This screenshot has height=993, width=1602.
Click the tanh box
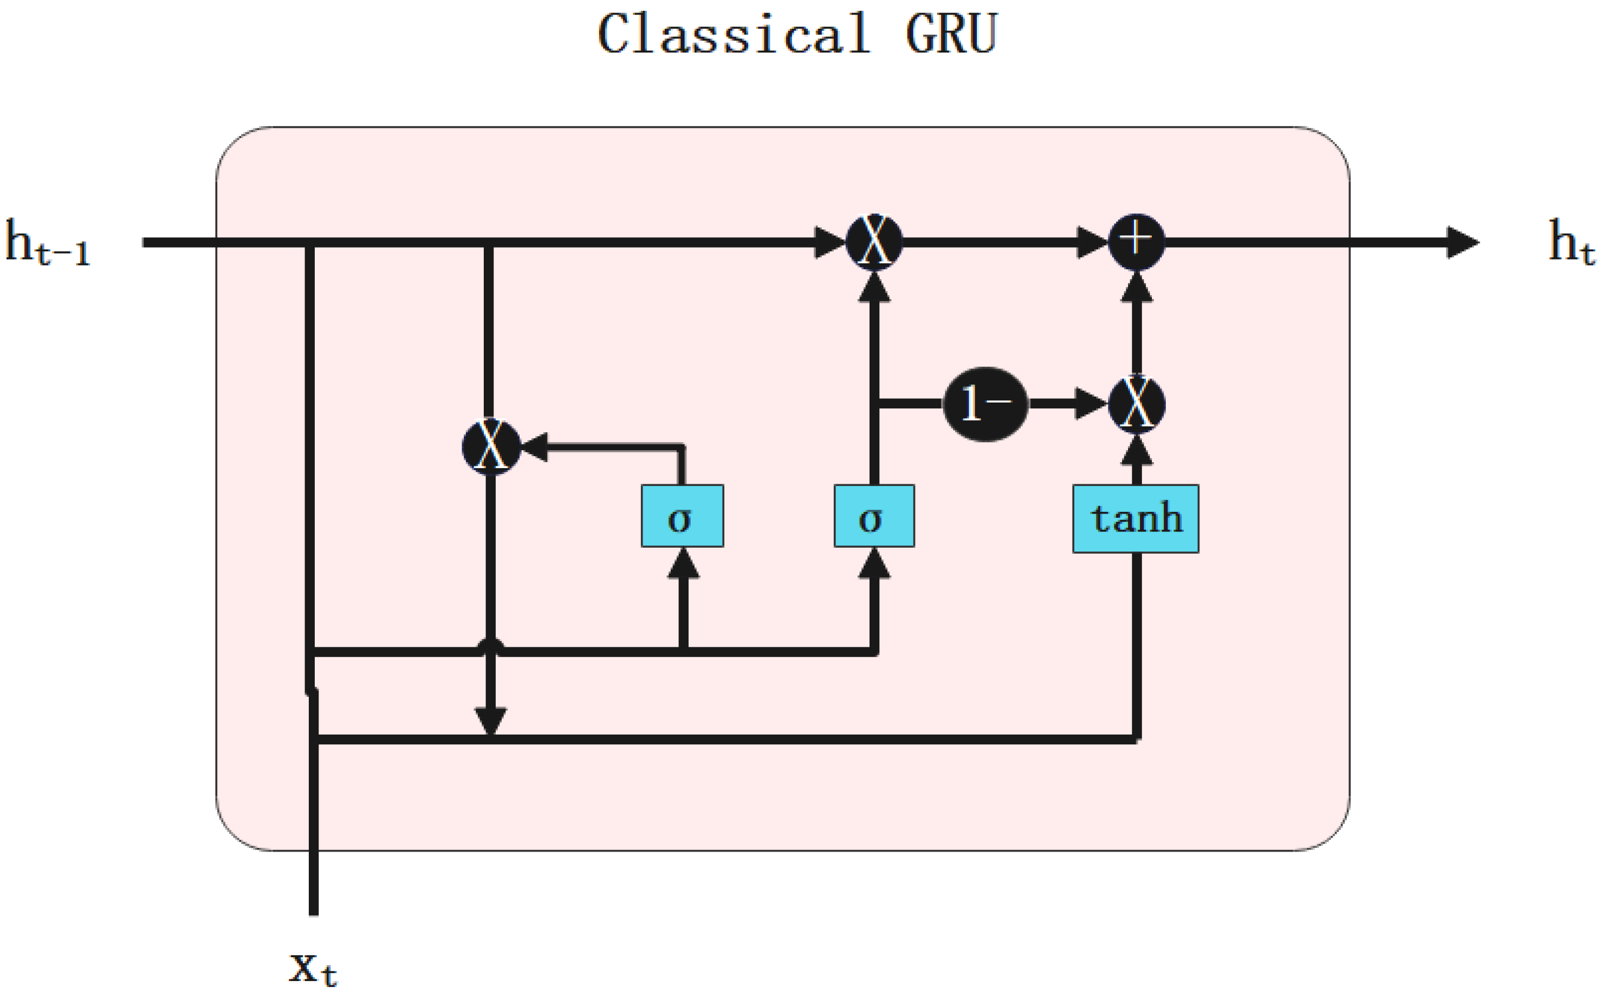click(1135, 519)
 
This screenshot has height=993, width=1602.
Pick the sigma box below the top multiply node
click(873, 516)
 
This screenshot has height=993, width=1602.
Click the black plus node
click(1136, 242)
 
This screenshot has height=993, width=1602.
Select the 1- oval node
click(984, 404)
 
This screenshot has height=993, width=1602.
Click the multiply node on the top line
click(873, 242)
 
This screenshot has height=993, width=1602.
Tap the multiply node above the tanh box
click(1136, 405)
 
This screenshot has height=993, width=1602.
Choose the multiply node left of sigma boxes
click(491, 446)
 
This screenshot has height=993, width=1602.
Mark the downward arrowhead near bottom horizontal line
click(491, 721)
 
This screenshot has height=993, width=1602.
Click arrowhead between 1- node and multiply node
click(1091, 404)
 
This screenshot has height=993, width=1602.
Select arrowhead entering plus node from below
click(1136, 288)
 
